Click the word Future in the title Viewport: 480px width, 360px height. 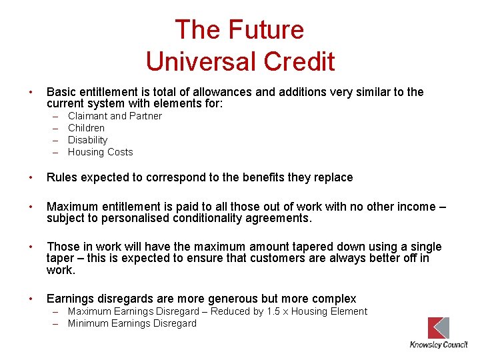point(266,30)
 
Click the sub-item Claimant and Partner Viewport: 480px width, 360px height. point(115,116)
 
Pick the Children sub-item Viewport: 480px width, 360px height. point(86,128)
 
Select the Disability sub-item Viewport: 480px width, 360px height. point(87,140)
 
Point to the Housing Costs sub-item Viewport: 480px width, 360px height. point(100,152)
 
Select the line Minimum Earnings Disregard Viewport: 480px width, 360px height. point(132,323)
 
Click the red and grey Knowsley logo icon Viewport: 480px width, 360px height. point(438,328)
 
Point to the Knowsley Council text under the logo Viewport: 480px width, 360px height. point(438,345)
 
